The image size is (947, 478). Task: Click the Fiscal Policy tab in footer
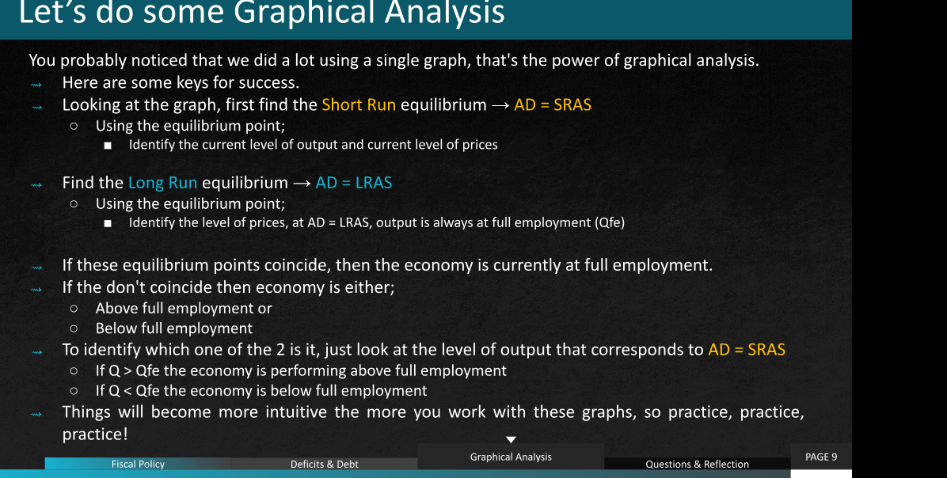(x=138, y=464)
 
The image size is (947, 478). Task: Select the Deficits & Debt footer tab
(x=325, y=464)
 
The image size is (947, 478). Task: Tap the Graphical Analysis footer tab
(x=511, y=457)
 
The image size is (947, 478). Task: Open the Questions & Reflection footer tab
(x=697, y=464)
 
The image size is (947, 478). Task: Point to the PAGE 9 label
(x=821, y=457)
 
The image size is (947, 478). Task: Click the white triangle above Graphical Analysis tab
(x=511, y=439)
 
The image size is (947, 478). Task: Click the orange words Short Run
(x=359, y=105)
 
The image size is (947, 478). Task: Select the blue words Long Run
(x=162, y=183)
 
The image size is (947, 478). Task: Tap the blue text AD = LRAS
(x=354, y=183)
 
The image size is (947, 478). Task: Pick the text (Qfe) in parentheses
(x=610, y=222)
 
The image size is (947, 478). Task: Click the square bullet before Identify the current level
(x=108, y=146)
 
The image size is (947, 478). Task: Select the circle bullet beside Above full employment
(x=74, y=309)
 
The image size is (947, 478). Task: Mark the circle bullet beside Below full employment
(x=74, y=329)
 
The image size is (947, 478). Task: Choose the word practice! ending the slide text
(x=95, y=434)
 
